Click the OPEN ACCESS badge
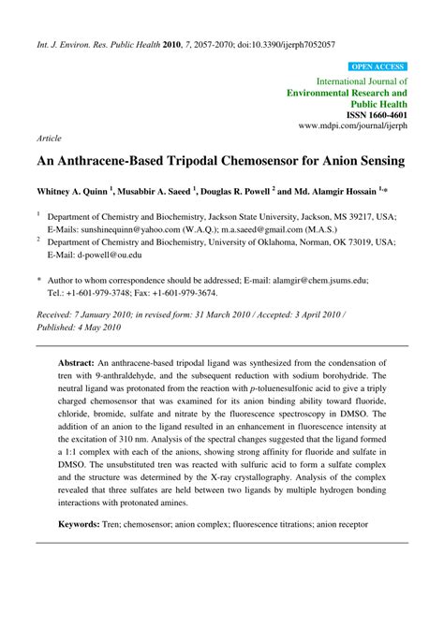pos(377,67)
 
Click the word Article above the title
pos(50,137)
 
